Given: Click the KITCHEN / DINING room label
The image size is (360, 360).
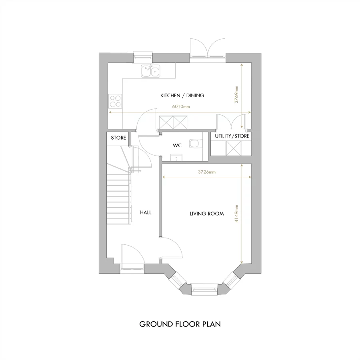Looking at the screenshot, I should (x=182, y=96).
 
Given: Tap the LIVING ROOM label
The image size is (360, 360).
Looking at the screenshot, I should (x=206, y=214).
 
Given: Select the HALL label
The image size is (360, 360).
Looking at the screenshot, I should (x=146, y=213).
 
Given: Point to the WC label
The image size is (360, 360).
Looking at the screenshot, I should (x=177, y=146).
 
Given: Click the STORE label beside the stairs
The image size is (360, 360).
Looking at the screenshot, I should (x=118, y=138).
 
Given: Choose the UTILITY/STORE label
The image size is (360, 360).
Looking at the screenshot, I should (x=232, y=136).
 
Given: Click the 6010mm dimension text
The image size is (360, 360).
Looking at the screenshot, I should (x=181, y=107).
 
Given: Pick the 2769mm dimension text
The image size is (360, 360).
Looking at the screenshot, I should (x=236, y=95).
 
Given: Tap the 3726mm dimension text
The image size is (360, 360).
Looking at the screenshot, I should (x=207, y=172).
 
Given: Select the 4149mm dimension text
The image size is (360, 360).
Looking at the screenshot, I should (x=236, y=214).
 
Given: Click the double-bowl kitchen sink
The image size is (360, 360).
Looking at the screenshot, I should (x=150, y=71).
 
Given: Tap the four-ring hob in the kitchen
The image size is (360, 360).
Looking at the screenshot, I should (x=116, y=100).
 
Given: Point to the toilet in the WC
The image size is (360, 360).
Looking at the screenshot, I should (x=195, y=144).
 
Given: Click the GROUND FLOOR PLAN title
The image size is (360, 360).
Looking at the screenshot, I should (x=180, y=324).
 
